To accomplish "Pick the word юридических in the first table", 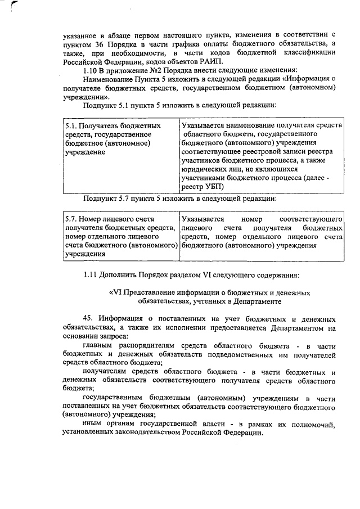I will [205, 169].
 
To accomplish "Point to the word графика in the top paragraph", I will [194, 44].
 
